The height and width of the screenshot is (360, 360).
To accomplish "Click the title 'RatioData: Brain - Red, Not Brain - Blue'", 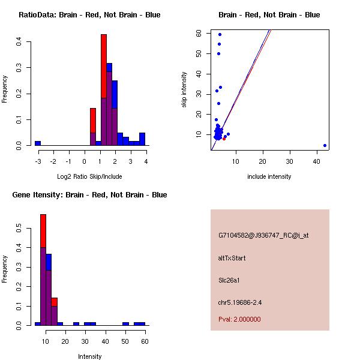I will [89, 15].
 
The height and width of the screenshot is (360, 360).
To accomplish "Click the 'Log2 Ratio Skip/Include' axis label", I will [89, 176].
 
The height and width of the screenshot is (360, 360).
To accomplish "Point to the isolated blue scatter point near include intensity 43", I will [325, 145].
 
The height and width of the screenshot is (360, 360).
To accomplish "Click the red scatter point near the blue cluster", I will [224, 139].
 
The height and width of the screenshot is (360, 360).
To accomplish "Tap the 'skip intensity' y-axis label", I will [185, 90].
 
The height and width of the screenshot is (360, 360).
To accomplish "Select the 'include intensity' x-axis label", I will [269, 176].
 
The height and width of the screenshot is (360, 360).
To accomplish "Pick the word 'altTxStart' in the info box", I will [232, 258].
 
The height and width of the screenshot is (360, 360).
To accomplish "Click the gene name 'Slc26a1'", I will [230, 280].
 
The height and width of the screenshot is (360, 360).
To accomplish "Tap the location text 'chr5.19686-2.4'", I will [240, 302].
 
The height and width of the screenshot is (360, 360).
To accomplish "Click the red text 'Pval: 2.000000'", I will [239, 319].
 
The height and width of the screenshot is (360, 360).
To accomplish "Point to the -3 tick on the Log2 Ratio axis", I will [38, 161].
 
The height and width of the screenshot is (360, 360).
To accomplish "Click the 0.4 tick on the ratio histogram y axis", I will [20, 42].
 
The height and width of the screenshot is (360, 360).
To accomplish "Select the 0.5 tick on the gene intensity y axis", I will [20, 229].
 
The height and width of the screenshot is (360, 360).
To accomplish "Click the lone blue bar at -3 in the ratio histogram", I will [38, 143].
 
